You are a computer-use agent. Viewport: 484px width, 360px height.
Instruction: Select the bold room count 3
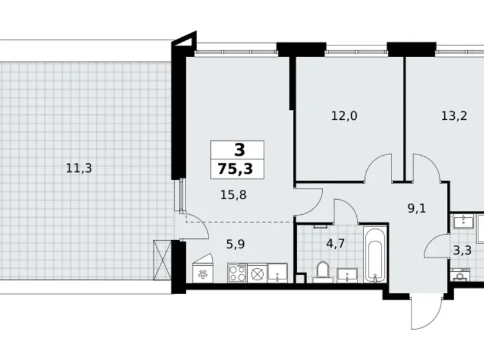(238, 150)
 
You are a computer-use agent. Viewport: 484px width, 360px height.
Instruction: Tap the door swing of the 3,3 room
(437, 247)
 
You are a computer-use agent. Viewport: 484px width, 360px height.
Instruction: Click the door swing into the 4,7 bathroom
(346, 211)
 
